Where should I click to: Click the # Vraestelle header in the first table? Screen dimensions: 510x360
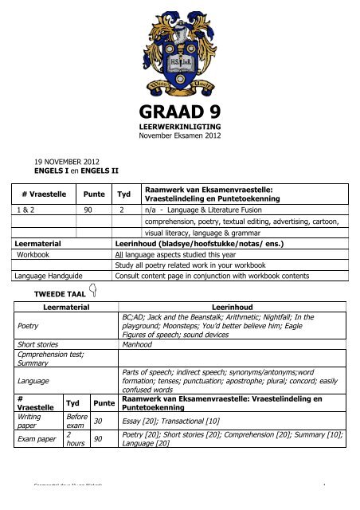click(45, 192)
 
